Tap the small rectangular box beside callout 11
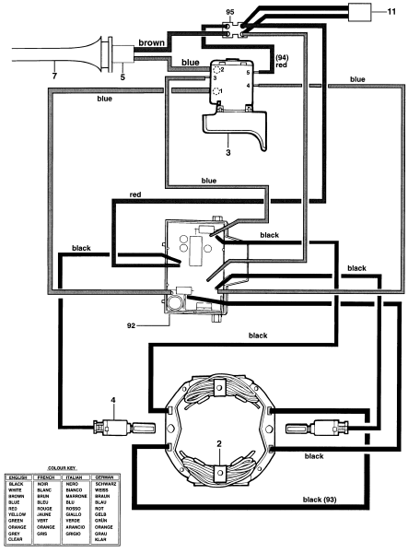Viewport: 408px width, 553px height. click(x=358, y=13)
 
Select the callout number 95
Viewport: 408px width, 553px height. click(x=231, y=13)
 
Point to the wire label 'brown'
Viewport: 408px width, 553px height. click(x=151, y=42)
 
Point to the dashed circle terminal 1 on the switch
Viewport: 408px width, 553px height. click(x=216, y=91)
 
